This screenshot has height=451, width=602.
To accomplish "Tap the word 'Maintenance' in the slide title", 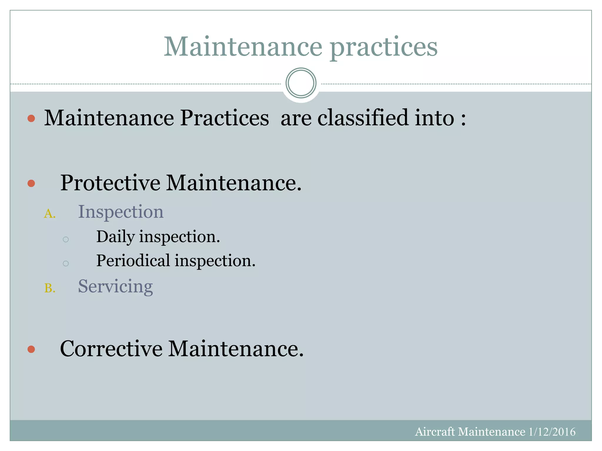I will pos(243,47).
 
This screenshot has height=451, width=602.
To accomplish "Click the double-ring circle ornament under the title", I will pos(301,83).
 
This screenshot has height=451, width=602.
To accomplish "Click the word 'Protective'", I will pos(110,183).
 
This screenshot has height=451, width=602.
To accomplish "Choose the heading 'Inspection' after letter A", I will pos(121,212).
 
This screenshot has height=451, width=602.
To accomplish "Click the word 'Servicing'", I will pos(115,286).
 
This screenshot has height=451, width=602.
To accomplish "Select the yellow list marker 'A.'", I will pos(50,214).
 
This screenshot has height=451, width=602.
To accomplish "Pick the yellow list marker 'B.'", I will pos(50,288).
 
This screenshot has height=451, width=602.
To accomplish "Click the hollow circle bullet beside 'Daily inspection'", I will pos(66,240).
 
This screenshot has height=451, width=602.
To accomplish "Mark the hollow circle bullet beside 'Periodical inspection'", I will pos(66,263).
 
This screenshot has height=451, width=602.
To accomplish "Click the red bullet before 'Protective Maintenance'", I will pos(31,184).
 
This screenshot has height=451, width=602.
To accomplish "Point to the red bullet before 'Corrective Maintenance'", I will pos(31,349).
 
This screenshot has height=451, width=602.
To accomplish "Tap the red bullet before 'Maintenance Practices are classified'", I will pos(31,118).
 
